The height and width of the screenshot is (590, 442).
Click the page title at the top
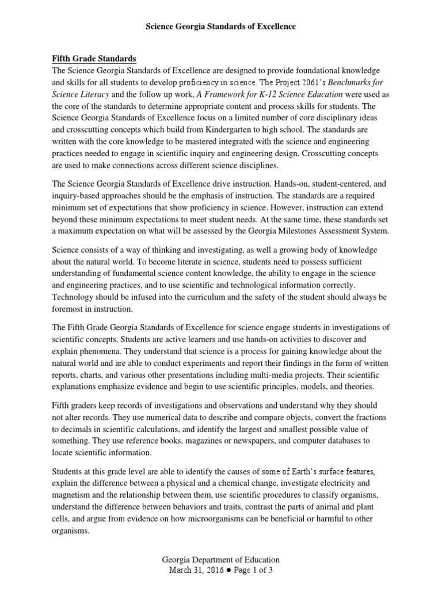click(x=220, y=27)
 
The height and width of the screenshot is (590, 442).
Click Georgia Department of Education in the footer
click(x=220, y=559)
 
